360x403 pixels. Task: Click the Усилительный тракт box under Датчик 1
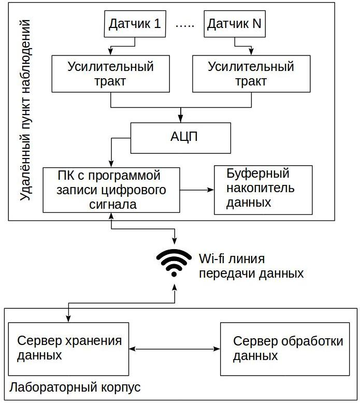pos(111,74)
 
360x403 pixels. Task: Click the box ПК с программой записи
pos(111,190)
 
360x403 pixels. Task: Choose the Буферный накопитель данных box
pos(263,190)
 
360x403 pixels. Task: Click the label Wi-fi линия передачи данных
pos(251,266)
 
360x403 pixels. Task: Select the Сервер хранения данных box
pos(69,349)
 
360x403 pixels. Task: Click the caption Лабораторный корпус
pos(75,388)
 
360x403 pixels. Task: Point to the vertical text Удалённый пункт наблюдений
pos(24,111)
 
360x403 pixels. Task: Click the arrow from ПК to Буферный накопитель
pos(197,190)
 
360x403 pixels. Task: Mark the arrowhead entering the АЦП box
pos(180,119)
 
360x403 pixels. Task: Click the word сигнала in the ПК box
pos(112,204)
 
